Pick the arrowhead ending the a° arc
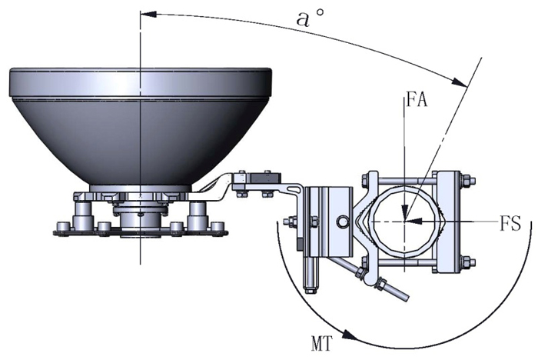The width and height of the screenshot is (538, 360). (x=463, y=83)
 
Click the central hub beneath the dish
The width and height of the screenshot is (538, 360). (x=139, y=212)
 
